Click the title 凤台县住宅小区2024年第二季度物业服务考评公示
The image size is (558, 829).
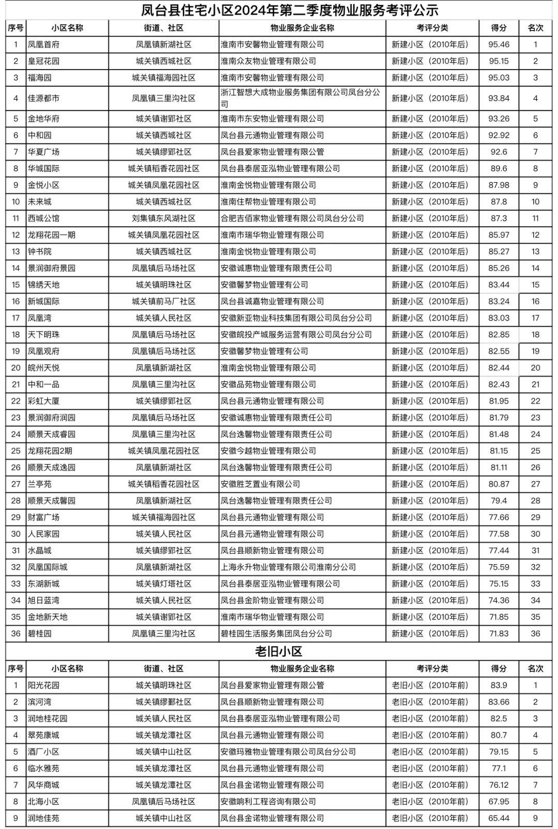[290, 10]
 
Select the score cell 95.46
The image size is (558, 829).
[499, 44]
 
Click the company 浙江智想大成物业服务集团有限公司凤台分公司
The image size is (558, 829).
[300, 98]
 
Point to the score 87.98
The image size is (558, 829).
[499, 185]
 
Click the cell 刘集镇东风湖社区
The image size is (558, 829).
[164, 218]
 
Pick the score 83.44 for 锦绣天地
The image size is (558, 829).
[499, 285]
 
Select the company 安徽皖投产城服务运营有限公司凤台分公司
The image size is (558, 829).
[296, 334]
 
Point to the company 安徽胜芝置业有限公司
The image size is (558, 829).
[260, 484]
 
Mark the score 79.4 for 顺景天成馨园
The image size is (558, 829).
[499, 501]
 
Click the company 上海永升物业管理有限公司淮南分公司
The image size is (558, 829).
[288, 567]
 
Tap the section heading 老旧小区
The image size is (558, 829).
[279, 651]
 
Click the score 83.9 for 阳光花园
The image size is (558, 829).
[499, 685]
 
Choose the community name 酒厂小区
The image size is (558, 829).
[43, 752]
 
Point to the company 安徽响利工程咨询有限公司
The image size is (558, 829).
[268, 802]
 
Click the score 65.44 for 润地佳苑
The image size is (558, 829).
[499, 818]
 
